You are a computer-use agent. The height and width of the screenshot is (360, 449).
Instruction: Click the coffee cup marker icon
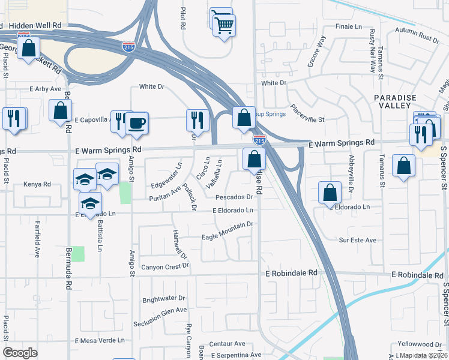pos(137,124)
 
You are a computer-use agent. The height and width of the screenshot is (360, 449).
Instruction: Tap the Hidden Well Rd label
pos(40,26)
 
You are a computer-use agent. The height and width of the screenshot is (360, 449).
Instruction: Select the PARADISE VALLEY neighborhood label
pos(394,102)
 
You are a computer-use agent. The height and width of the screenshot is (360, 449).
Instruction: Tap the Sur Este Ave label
pos(357,240)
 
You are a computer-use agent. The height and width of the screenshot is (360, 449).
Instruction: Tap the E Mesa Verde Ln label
pos(100,340)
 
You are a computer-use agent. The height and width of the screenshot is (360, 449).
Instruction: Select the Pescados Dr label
pos(232,196)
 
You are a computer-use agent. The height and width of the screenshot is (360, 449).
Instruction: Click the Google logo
pos(20,352)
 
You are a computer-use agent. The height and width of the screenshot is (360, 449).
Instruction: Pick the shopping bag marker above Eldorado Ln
pos(330,193)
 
